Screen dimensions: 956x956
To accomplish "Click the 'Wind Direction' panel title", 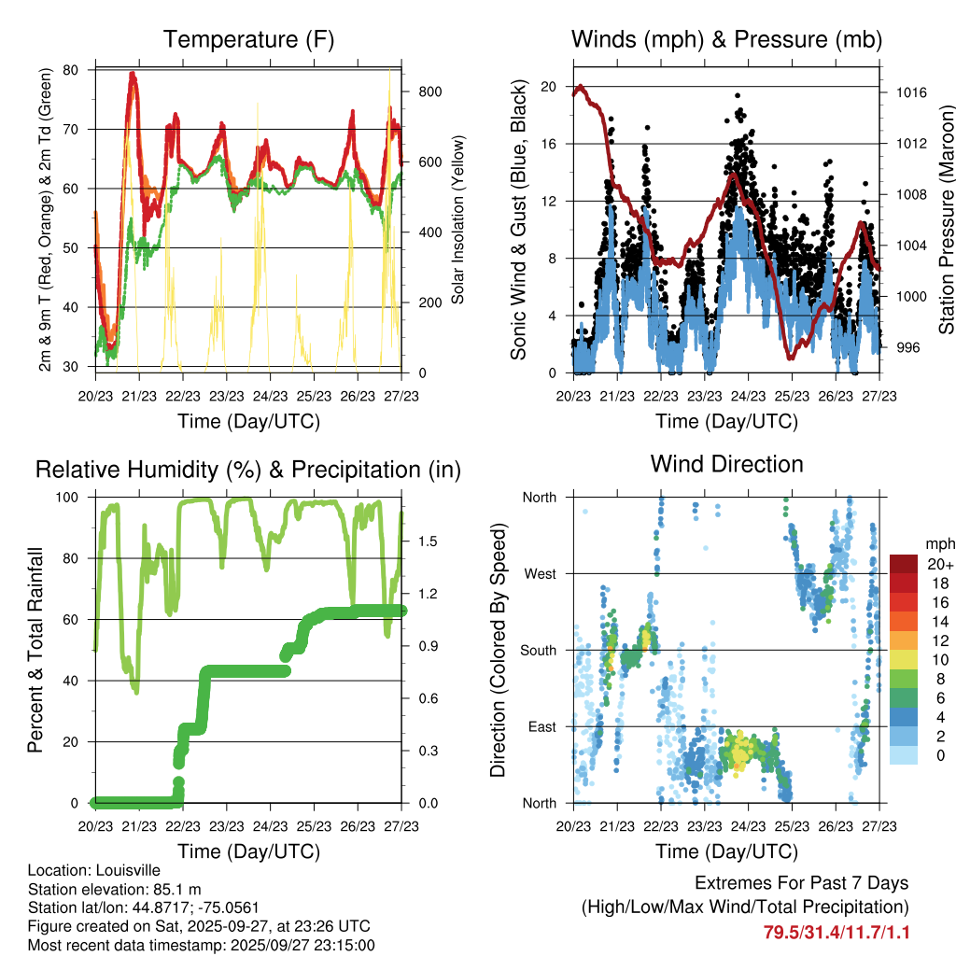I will coord(726,463).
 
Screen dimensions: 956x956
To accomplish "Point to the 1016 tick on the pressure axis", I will coord(910,92).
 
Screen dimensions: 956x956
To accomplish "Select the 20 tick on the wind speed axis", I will coord(549,86).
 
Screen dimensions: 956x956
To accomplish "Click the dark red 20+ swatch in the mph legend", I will coord(905,564).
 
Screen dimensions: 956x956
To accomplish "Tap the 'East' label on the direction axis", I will coord(540,726).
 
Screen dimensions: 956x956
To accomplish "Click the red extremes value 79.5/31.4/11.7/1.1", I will coord(836,932).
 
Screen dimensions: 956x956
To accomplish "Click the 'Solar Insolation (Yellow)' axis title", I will coord(457,220).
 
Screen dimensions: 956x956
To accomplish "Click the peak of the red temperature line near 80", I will coord(133,73).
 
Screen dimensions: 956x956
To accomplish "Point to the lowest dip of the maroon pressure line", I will coord(791,356).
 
